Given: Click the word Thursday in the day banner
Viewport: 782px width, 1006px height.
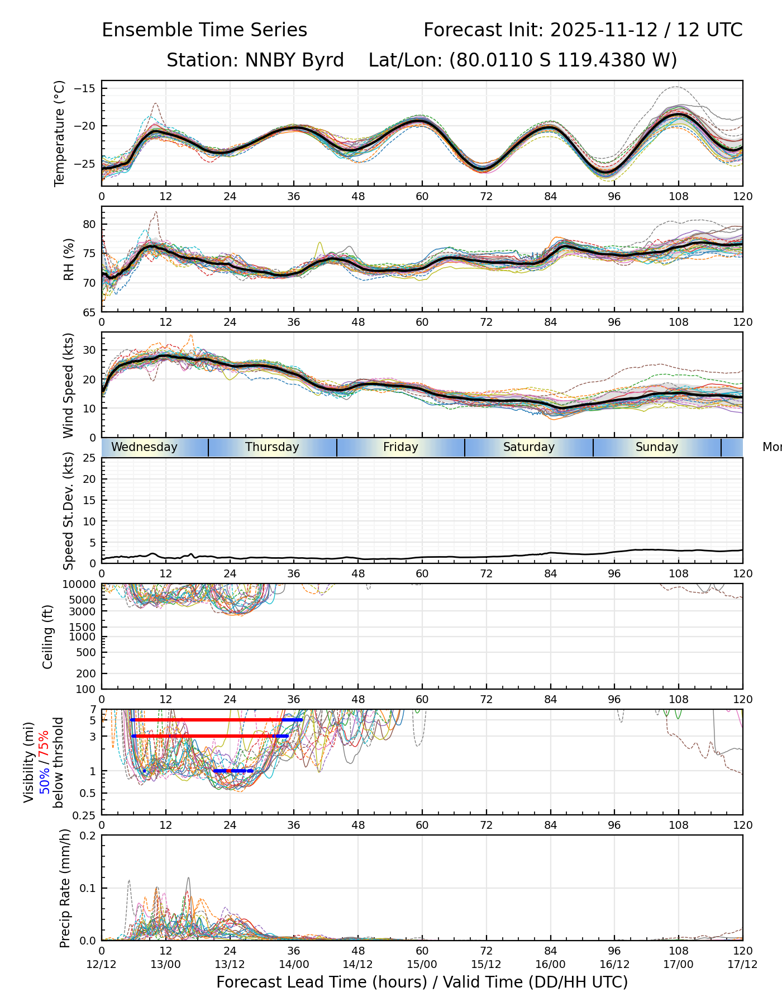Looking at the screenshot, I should click(272, 447).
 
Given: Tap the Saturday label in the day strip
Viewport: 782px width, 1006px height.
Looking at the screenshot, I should click(528, 447).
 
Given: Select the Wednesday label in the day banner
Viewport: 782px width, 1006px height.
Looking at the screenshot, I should click(144, 447).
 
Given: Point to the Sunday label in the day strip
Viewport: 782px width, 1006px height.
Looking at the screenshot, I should click(656, 447).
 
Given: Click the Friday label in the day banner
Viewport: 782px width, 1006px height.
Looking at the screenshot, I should click(400, 447).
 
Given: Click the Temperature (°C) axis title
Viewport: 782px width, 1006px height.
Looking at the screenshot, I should click(60, 133).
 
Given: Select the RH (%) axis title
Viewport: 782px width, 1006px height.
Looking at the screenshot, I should click(69, 259).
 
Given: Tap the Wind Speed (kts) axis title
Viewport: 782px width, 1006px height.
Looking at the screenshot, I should click(68, 385).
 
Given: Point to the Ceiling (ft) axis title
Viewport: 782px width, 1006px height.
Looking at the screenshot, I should click(48, 637).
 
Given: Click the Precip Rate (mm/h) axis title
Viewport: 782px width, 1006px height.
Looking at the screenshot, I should click(65, 888).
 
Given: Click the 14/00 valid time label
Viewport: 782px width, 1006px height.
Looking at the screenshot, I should click(294, 964).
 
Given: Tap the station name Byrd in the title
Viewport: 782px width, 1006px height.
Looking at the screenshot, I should click(323, 60).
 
